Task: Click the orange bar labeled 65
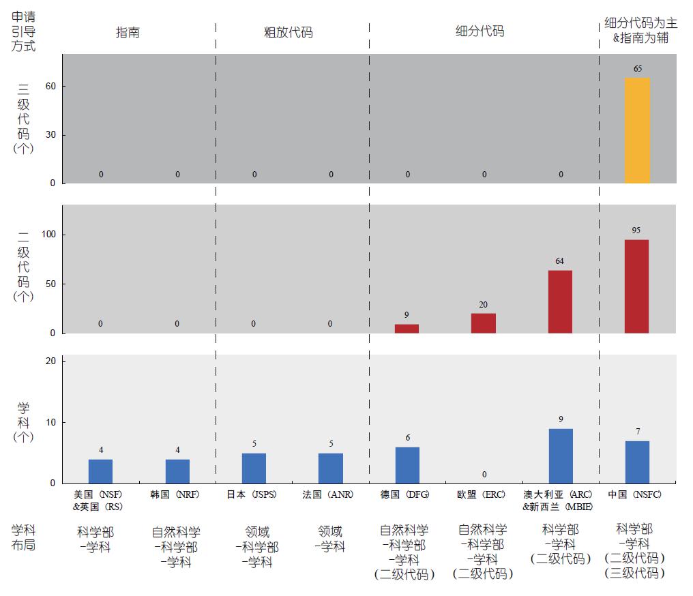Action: [637, 130]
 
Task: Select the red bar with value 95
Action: [637, 286]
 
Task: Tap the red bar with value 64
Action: [560, 301]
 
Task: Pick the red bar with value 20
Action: [484, 323]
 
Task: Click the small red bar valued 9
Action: [407, 329]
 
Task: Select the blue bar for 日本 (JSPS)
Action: [254, 468]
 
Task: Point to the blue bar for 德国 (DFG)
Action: [407, 465]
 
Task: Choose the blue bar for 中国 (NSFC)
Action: [637, 462]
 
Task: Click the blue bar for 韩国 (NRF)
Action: [177, 471]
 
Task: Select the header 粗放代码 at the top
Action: [289, 32]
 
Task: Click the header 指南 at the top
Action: [128, 32]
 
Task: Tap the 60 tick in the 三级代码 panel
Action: [50, 87]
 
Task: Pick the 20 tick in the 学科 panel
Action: [50, 361]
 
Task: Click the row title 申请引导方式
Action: [24, 31]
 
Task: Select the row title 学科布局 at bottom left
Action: [24, 537]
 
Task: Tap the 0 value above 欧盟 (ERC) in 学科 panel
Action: [484, 475]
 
